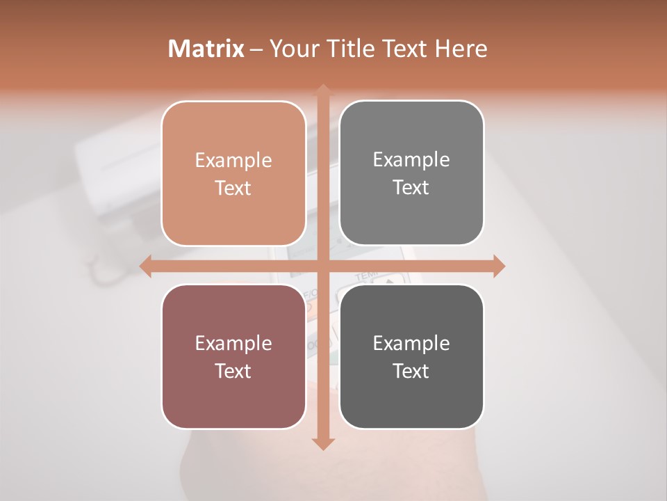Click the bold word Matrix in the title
coord(206,49)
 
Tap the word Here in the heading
coord(461,49)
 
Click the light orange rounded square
coord(233,173)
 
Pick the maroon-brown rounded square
coord(233,356)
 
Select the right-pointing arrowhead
coord(498,266)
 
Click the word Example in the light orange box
coord(233,161)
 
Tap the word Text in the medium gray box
coord(411,187)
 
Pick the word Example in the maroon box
coord(233,343)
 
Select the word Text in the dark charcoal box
coord(411,371)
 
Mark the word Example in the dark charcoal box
coord(411,343)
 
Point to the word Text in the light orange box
coord(233,188)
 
